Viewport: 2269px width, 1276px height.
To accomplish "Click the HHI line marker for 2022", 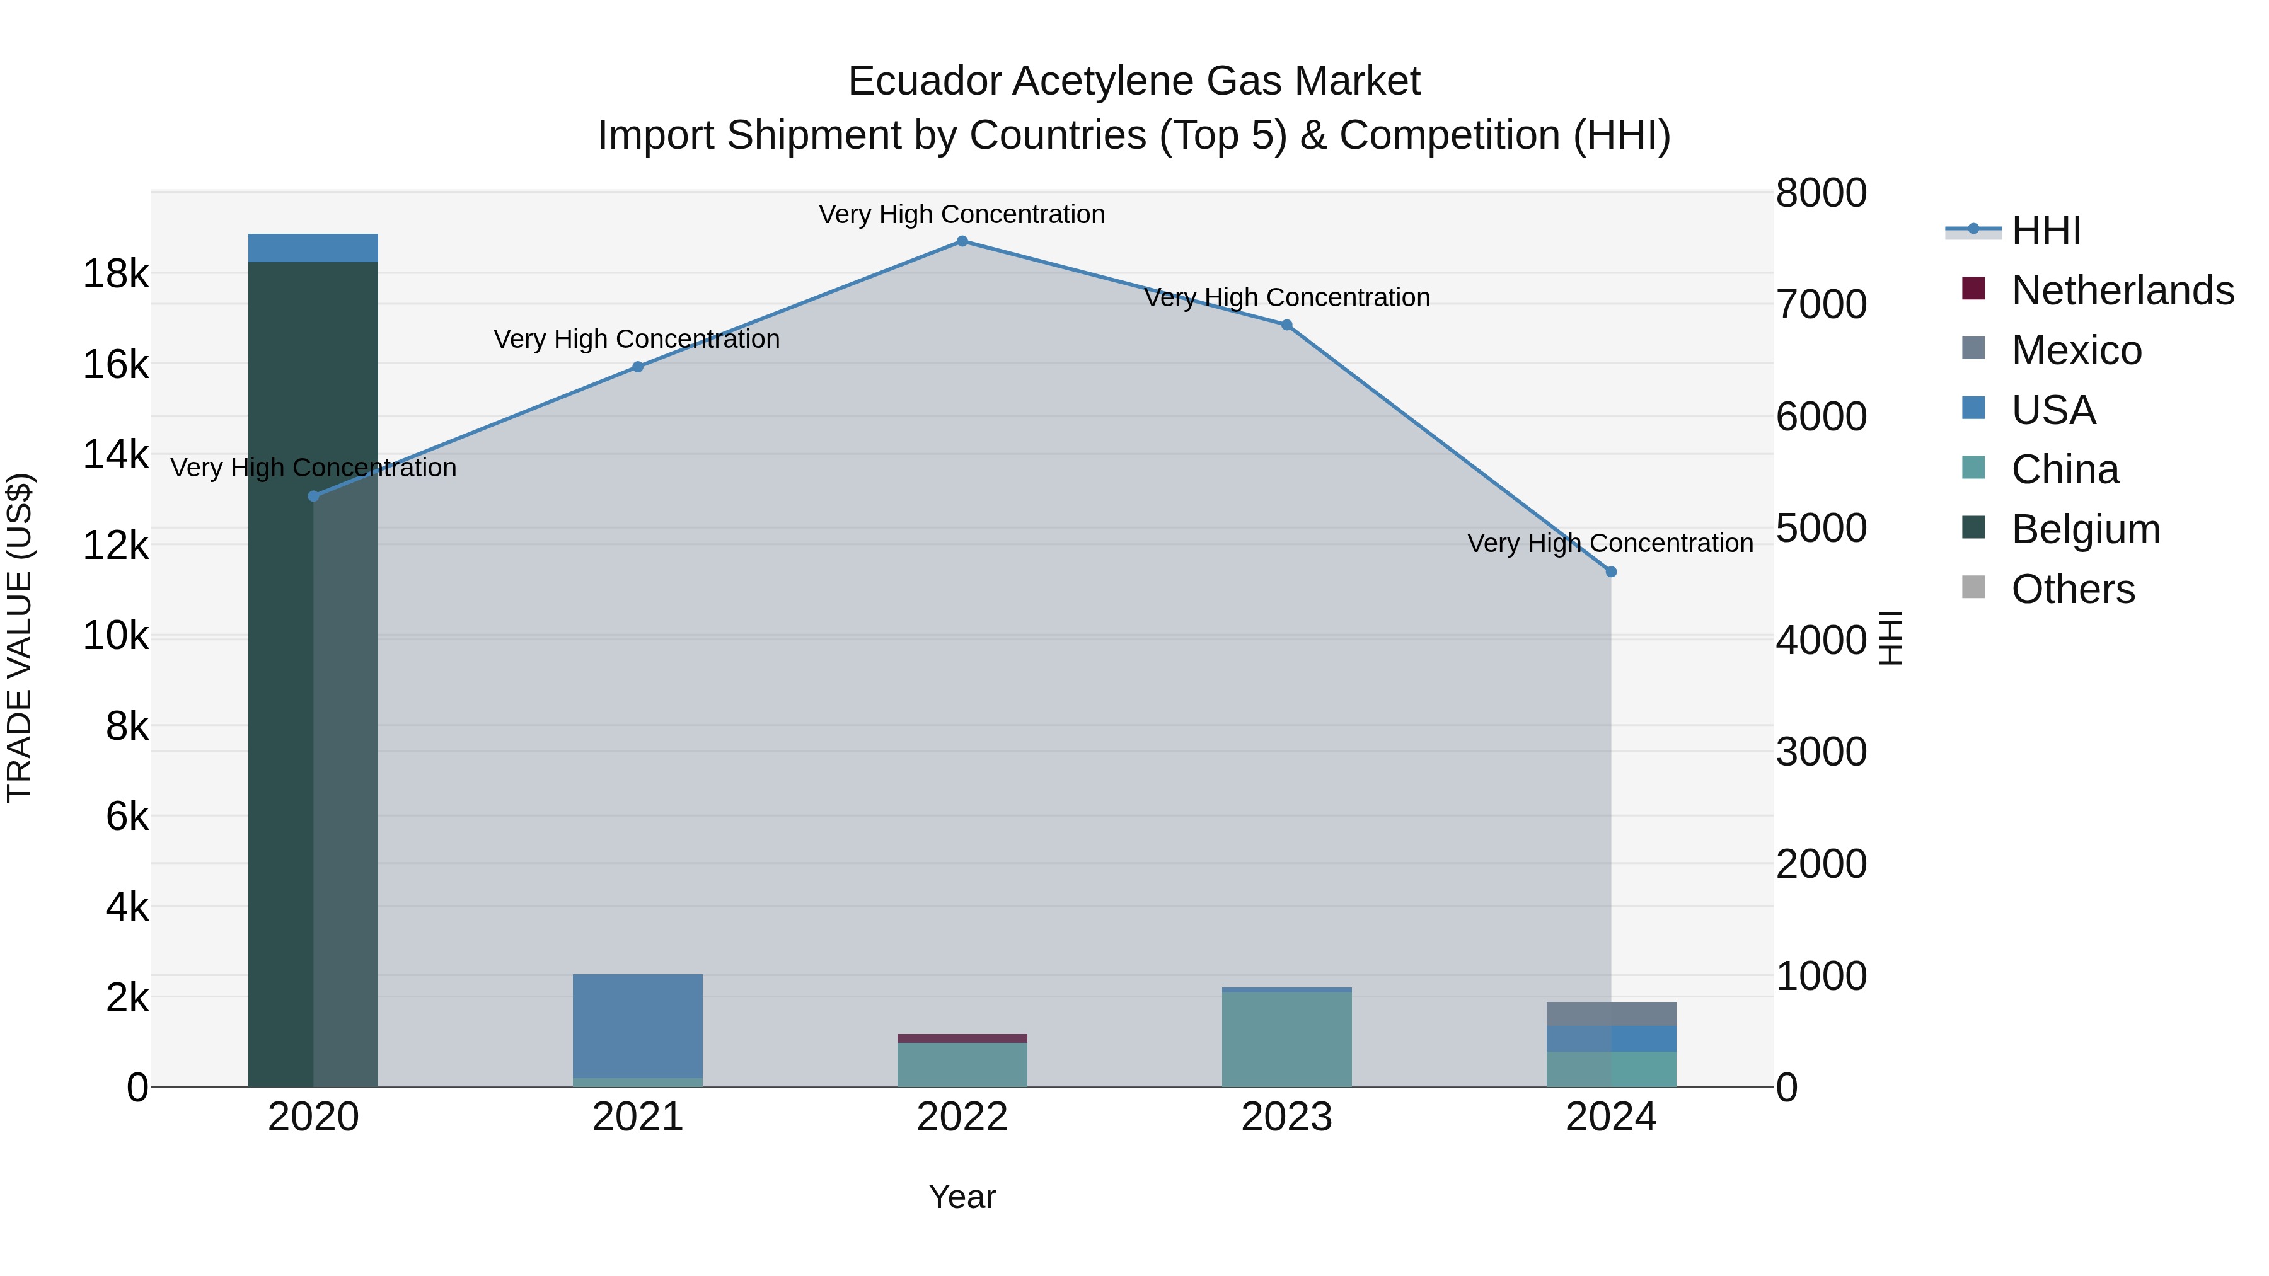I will (962, 241).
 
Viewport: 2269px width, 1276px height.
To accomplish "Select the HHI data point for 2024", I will (1611, 572).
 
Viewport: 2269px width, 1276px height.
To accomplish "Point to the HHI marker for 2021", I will (638, 367).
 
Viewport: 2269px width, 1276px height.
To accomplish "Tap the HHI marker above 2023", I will (1286, 325).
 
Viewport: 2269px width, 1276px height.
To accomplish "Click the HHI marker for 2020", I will (314, 496).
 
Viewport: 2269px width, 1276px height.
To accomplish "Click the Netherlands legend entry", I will (2123, 290).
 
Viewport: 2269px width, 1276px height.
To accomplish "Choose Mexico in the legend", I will (2076, 350).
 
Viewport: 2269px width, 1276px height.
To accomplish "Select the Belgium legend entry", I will (2086, 529).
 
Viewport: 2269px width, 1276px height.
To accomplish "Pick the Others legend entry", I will (2072, 589).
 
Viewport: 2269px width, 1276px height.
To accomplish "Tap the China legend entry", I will (2065, 469).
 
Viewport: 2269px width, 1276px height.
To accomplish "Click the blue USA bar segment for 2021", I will (638, 1026).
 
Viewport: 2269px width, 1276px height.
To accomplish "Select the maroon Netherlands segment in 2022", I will (962, 1038).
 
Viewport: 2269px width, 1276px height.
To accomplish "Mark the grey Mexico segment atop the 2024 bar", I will (1611, 1014).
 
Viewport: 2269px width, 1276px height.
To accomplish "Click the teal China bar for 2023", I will (1286, 1039).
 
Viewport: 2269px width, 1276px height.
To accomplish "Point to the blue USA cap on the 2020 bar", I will (314, 248).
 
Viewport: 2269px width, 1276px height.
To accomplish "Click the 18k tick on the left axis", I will (115, 274).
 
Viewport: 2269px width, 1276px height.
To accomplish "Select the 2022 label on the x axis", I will (962, 1117).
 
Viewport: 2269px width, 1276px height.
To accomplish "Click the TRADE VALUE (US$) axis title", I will (20, 638).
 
